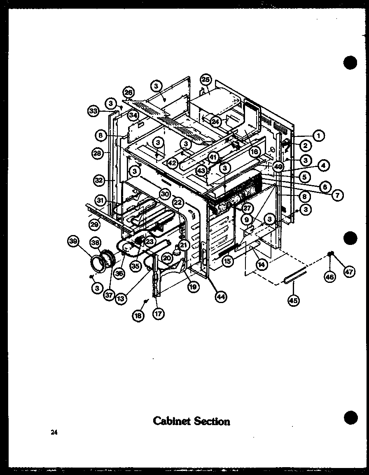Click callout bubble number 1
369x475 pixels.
pos(318,134)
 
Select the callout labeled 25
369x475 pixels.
pos(206,79)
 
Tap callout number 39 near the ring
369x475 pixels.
pos(73,243)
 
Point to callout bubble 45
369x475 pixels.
pos(293,300)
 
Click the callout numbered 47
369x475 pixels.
pos(349,273)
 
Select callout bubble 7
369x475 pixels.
pos(337,195)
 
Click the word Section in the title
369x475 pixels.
pos(212,421)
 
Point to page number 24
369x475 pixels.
pos(54,432)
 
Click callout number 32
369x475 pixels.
pos(98,180)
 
